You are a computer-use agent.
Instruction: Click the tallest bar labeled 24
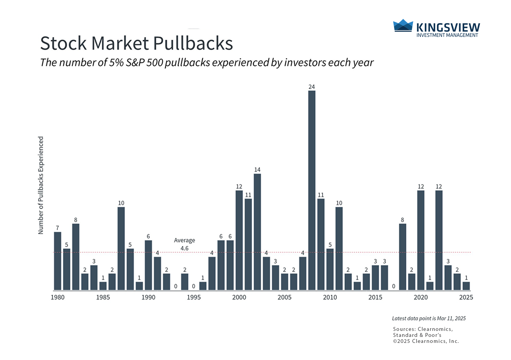point(312,190)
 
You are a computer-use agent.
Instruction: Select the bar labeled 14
point(257,232)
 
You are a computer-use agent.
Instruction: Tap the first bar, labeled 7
point(58,261)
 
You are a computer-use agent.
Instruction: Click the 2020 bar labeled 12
point(421,240)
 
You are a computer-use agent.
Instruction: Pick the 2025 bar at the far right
point(466,286)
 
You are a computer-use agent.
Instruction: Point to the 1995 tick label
point(194,297)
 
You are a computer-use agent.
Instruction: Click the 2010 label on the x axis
point(330,297)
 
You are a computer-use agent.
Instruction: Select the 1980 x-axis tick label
point(58,297)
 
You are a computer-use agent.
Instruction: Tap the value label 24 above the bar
point(312,87)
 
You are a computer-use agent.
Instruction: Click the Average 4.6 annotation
point(184,244)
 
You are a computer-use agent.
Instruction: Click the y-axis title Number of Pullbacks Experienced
point(41,185)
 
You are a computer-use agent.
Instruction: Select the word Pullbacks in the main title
point(193,43)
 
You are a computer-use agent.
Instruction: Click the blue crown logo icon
point(403,26)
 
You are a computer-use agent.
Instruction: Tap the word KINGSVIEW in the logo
point(448,28)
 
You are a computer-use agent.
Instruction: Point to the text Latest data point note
point(429,318)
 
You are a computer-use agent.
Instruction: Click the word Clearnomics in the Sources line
point(435,329)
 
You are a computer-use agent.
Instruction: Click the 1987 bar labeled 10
point(121,248)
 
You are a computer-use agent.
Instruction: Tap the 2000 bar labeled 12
point(239,240)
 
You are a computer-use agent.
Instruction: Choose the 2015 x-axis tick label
point(375,297)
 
